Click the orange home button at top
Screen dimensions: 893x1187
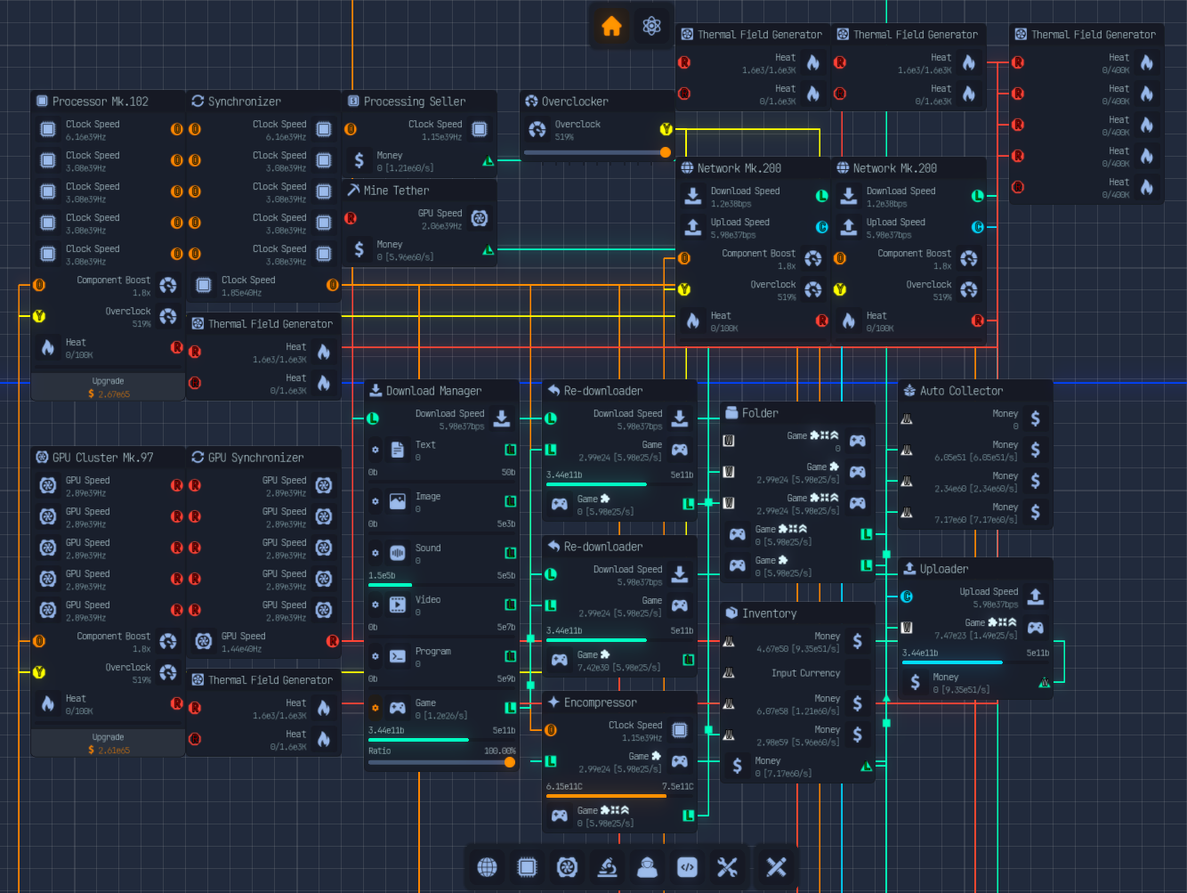611,27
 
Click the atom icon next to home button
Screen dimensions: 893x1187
651,27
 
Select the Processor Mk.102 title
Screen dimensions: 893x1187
100,101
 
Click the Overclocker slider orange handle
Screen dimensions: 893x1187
665,152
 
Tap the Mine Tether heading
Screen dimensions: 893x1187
396,191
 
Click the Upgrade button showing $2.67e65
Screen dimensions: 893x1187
108,387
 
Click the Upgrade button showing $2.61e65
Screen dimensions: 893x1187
108,743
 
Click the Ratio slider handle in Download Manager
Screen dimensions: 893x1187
509,762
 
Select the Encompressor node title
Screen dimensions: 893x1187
600,702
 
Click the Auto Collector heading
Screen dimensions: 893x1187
961,391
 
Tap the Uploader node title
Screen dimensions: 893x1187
944,569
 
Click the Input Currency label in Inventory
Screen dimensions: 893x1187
805,673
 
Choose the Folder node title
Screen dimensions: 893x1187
760,413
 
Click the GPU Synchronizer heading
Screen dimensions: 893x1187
255,458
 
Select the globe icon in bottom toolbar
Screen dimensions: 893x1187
487,867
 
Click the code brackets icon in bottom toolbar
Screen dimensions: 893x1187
687,867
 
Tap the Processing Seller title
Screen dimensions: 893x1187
414,101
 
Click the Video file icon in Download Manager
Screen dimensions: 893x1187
398,605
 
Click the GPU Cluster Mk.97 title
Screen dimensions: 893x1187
102,458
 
